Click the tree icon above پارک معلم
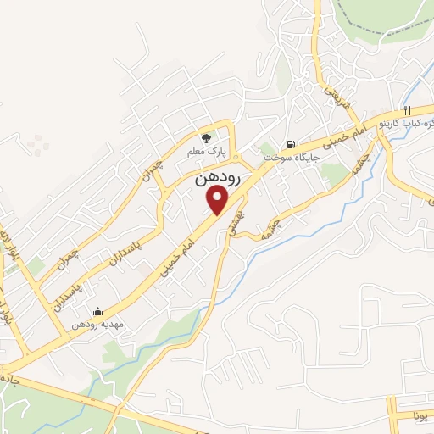pos(205,137)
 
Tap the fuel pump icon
pos(292,143)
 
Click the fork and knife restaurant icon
pos(408,110)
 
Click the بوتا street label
pos(423,416)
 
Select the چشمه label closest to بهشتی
pos(292,222)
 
